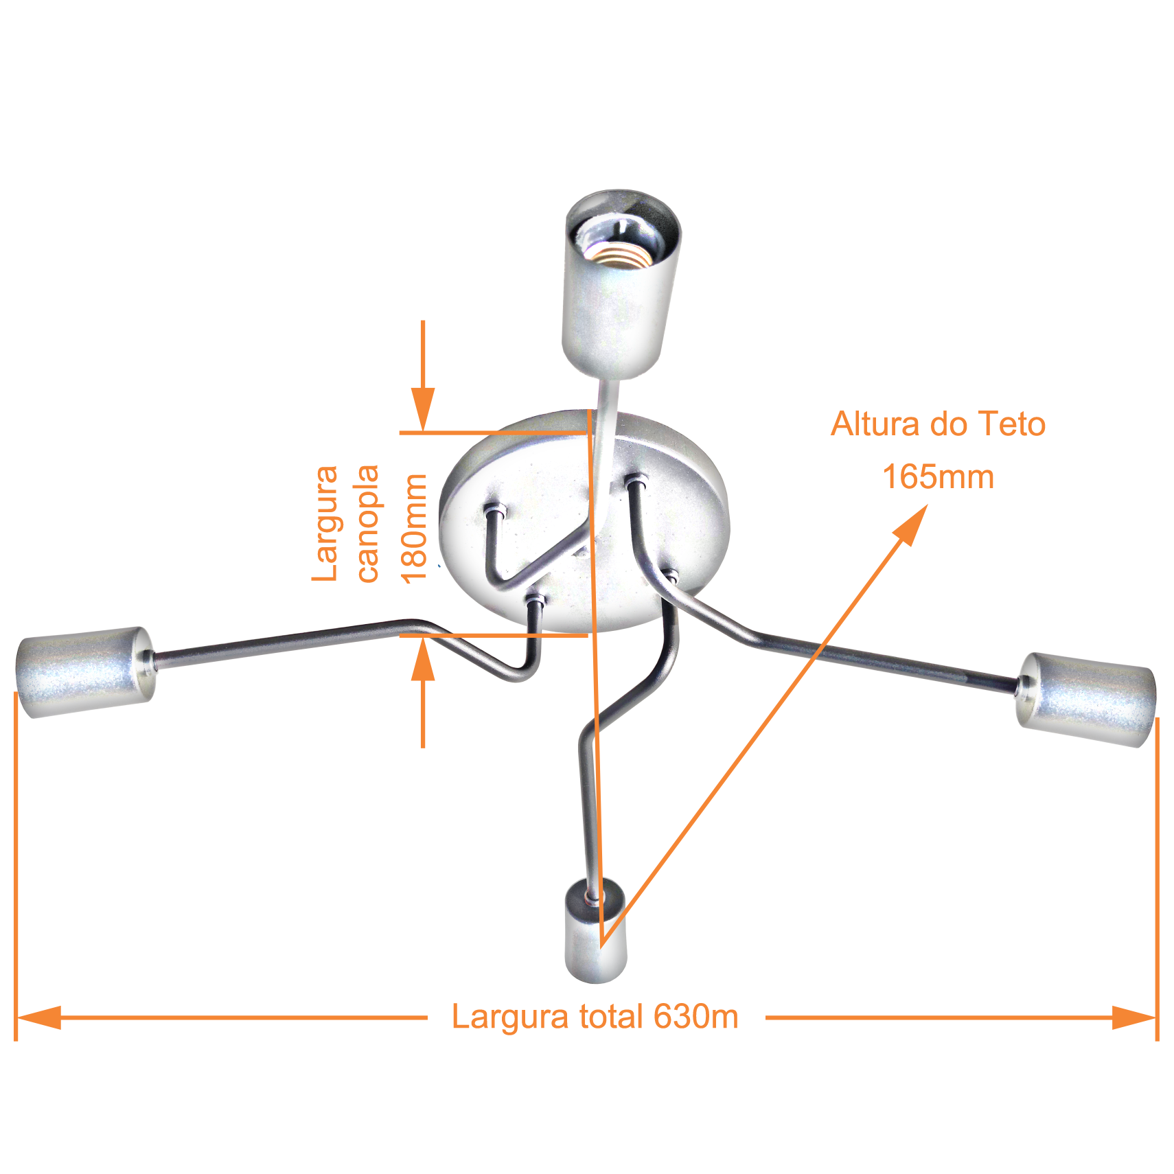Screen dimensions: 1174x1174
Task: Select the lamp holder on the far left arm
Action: coord(82,671)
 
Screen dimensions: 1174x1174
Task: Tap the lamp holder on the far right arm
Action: coord(1088,699)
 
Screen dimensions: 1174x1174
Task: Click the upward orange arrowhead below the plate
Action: coord(423,659)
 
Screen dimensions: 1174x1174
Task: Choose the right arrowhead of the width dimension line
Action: coord(1133,1017)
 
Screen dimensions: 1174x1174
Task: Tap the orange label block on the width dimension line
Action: coord(595,1019)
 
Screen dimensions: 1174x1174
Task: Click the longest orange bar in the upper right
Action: coord(937,423)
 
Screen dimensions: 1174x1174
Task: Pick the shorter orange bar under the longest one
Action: coord(938,476)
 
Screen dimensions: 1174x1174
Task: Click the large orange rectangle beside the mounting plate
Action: coord(347,525)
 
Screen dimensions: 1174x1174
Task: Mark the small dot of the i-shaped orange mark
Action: coord(416,486)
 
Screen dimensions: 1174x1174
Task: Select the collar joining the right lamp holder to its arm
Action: coord(1023,687)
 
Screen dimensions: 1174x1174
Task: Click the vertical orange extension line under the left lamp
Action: coord(16,858)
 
